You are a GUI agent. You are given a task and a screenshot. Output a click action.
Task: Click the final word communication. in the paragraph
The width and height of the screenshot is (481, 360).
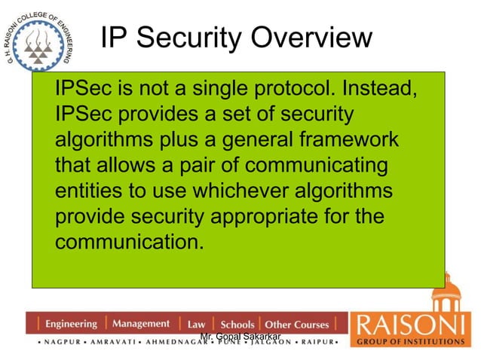click(129, 243)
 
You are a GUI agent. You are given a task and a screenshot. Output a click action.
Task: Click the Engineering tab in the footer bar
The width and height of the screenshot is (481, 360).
click(71, 324)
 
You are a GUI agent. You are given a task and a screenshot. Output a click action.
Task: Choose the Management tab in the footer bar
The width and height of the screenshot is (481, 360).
click(141, 324)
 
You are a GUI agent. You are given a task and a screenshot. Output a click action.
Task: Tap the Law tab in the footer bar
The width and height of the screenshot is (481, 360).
click(196, 325)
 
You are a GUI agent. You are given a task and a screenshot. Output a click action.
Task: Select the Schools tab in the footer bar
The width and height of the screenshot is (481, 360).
click(237, 325)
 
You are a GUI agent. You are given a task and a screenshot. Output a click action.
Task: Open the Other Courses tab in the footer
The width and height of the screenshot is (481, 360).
click(297, 325)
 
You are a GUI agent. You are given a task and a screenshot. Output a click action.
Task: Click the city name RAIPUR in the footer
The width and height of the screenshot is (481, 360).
click(318, 343)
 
